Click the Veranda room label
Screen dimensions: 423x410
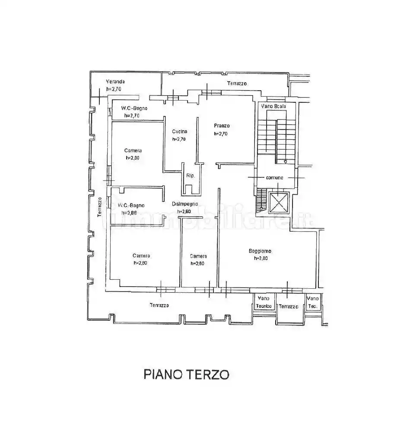[x=116, y=82]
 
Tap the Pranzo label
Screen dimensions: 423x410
[x=222, y=126]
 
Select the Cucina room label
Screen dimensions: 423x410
[x=179, y=132]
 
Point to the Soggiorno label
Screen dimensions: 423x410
[x=259, y=251]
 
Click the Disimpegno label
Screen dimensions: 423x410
[x=184, y=204]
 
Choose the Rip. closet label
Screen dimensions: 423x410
[x=190, y=176]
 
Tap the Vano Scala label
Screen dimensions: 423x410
[x=272, y=105]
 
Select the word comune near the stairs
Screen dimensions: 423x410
[x=275, y=177]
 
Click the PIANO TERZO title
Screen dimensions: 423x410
[x=186, y=374]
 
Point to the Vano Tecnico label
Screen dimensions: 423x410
[x=264, y=302]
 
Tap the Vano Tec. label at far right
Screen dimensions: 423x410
[x=312, y=302]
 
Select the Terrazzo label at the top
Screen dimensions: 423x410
[x=237, y=83]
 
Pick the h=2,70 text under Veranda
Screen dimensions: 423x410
[x=114, y=89]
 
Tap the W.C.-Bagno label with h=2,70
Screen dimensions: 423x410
[x=134, y=108]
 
